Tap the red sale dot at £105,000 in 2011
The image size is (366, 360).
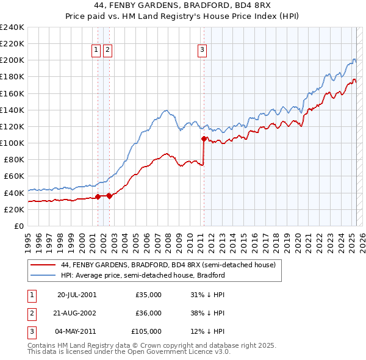click(204, 139)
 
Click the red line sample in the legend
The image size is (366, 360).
click(43, 265)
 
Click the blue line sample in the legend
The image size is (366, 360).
click(43, 275)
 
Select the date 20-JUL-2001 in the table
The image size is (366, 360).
click(77, 295)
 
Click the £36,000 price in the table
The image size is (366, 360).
click(148, 313)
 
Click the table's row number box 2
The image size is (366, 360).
click(32, 313)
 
